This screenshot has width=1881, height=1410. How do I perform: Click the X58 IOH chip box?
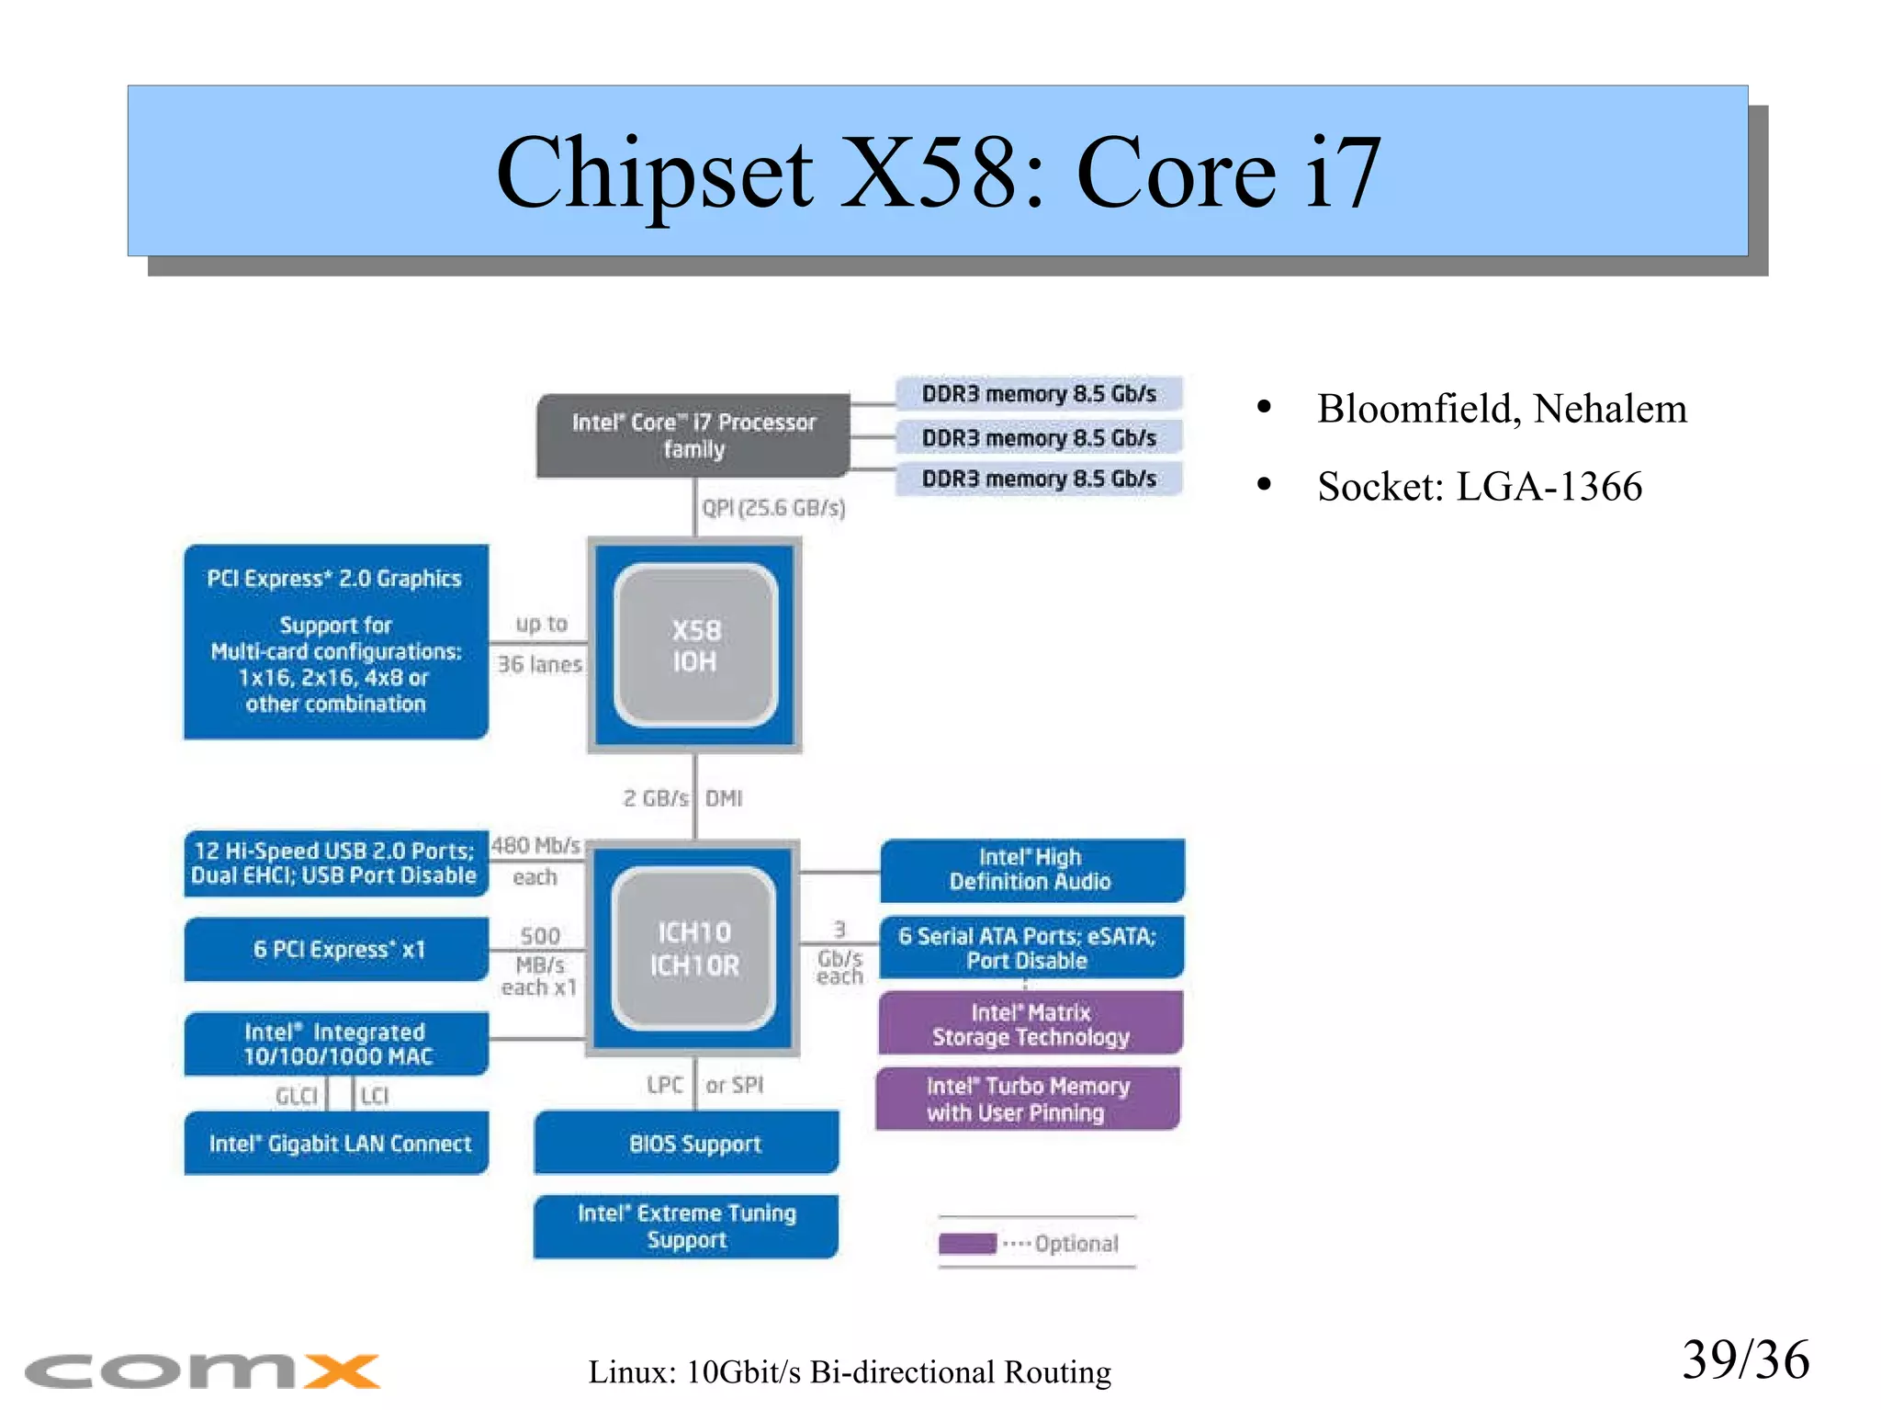pos(695,646)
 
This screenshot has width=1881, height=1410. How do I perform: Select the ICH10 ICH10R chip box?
pos(694,949)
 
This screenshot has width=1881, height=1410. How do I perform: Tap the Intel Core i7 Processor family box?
pos(693,435)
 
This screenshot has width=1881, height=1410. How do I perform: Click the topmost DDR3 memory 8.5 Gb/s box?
pos(1038,394)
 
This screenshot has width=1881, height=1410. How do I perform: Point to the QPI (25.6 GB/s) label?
pos(773,508)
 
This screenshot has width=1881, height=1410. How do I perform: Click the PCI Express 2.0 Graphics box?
pos(335,641)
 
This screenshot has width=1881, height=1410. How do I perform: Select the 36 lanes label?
pos(540,664)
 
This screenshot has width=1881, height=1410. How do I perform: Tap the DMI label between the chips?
pos(724,798)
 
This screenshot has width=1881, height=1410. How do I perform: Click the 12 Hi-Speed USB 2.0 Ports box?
pos(335,863)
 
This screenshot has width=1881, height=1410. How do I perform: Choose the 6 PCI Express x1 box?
pos(337,949)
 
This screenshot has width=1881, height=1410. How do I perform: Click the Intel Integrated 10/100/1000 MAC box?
pos(336,1043)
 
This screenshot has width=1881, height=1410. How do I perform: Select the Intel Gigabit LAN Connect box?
pos(337,1144)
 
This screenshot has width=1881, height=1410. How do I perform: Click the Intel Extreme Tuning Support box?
pos(686,1226)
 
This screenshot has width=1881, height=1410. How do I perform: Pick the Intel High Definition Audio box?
pos(1031,870)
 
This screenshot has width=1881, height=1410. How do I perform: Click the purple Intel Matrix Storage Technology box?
pos(1031,1024)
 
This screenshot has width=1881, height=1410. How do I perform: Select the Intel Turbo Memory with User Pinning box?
pos(1028,1100)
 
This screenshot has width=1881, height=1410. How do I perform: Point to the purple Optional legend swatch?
pos(967,1244)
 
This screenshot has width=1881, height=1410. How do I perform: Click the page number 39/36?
pos(1744,1360)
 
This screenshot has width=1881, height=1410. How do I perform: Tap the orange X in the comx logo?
pos(342,1371)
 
